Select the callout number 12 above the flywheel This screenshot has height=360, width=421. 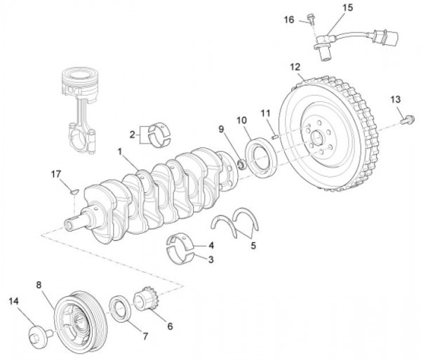click(295, 67)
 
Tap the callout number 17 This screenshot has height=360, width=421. click(56, 173)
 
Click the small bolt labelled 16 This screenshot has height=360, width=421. click(310, 20)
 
